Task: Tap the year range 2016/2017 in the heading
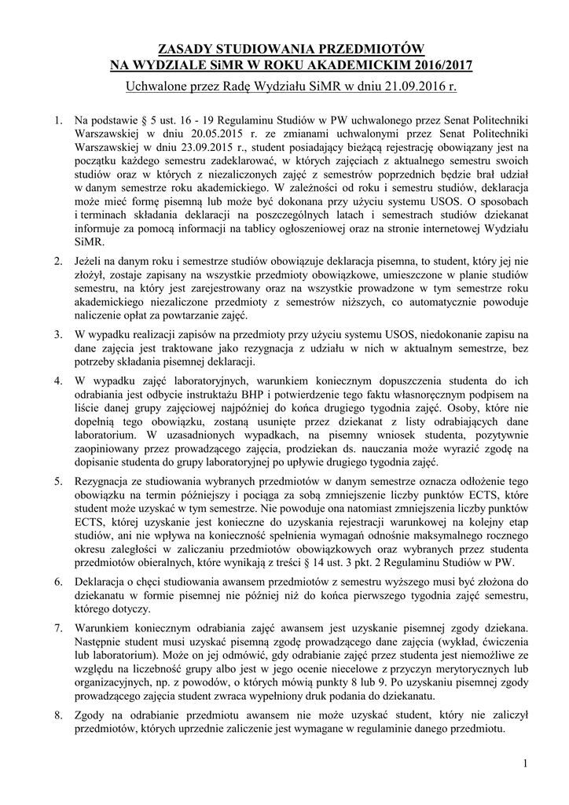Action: click(x=425, y=64)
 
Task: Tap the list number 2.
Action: click(x=57, y=260)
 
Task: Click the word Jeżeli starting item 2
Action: click(x=90, y=260)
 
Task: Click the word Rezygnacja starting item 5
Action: click(x=102, y=480)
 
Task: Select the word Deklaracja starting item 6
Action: click(x=101, y=581)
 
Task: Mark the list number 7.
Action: click(x=57, y=631)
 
